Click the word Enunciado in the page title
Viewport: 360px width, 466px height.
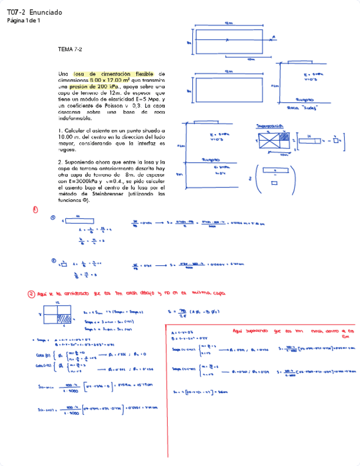pyautogui.click(x=46, y=12)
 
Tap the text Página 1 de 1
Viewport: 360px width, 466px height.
pyautogui.click(x=23, y=21)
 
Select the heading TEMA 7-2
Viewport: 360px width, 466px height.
pyautogui.click(x=70, y=49)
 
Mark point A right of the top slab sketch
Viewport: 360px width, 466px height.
pyautogui.click(x=273, y=37)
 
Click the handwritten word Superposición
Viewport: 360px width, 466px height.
pyautogui.click(x=269, y=126)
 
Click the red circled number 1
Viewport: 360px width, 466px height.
pyautogui.click(x=35, y=209)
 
